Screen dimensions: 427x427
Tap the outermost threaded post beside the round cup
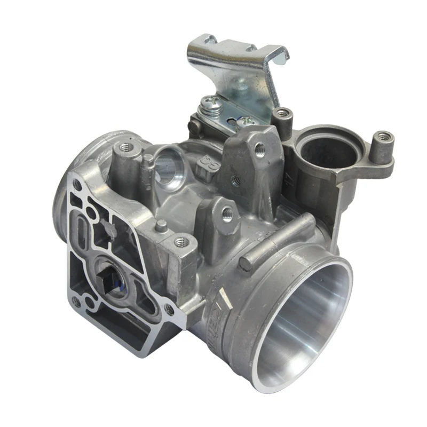coord(383,138)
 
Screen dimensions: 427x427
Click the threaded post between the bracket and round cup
coord(282,114)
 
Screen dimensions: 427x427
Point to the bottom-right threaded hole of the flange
coord(169,309)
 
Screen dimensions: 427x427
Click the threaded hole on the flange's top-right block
coord(181,242)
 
